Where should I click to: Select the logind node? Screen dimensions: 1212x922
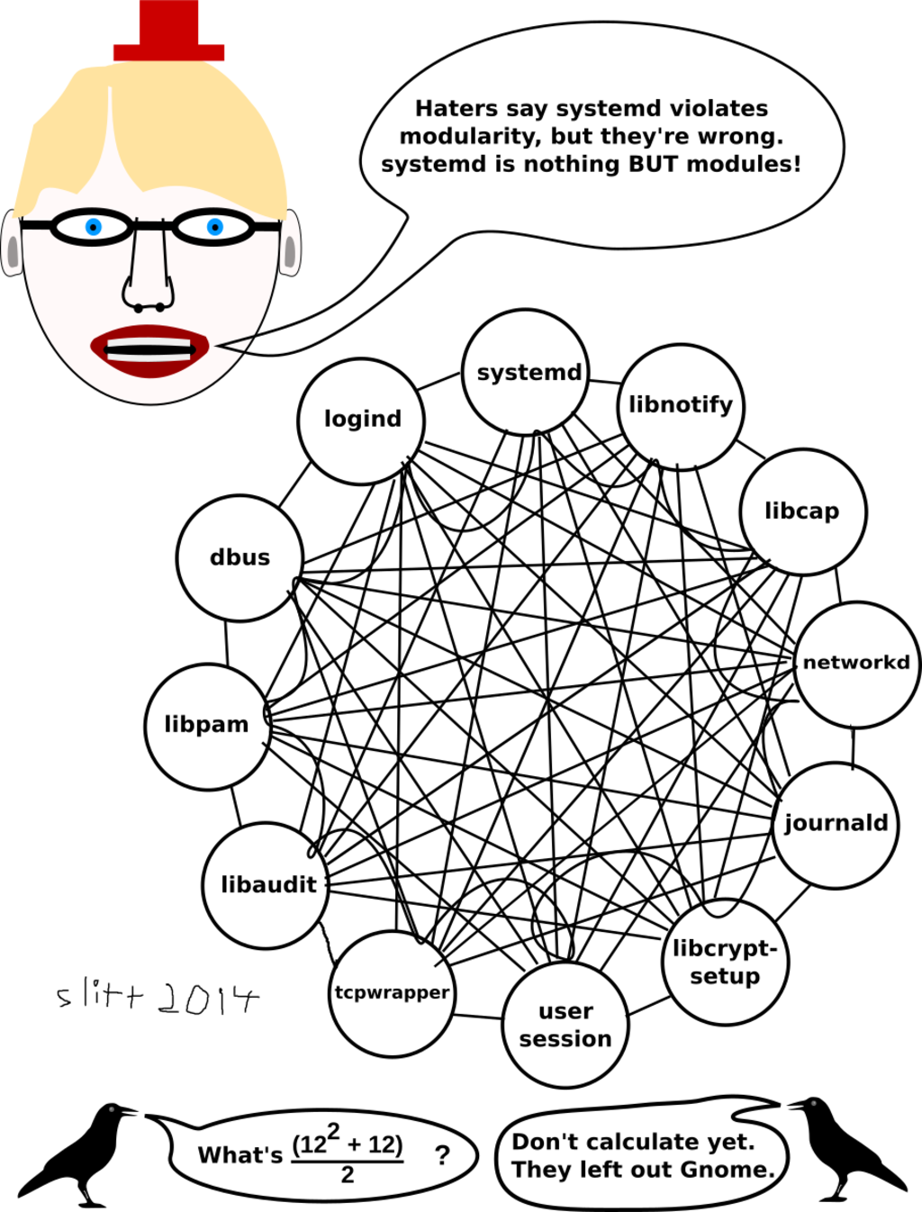(361, 421)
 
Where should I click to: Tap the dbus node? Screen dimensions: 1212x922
(240, 557)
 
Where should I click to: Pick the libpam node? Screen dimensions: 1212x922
(207, 726)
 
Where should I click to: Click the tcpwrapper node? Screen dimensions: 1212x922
(392, 993)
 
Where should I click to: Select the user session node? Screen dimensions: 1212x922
(565, 1025)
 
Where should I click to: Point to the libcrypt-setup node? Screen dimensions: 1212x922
(725, 962)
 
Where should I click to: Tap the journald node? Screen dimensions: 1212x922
(836, 824)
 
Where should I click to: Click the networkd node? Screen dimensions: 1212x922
(856, 664)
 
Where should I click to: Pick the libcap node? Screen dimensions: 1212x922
(802, 511)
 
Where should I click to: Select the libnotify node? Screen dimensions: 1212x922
(682, 406)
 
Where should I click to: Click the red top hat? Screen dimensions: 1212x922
(169, 32)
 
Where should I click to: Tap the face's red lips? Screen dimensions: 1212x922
(149, 350)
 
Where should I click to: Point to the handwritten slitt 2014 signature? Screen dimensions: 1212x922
(158, 998)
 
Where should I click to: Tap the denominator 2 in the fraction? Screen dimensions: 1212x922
(348, 1174)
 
